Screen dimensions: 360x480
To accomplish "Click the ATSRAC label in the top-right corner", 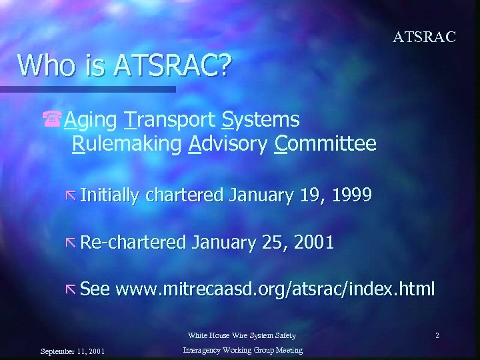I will click(x=424, y=37).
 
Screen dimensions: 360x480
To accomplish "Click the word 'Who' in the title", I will click(x=41, y=65).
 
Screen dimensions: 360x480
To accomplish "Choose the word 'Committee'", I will click(x=325, y=143).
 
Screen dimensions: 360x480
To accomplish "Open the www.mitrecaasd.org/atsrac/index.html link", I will click(x=275, y=289).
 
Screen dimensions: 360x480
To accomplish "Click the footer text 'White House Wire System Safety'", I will click(x=241, y=335).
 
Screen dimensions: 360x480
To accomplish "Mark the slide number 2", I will click(x=437, y=335).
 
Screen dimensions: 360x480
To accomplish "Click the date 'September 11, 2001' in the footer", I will click(x=72, y=351).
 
